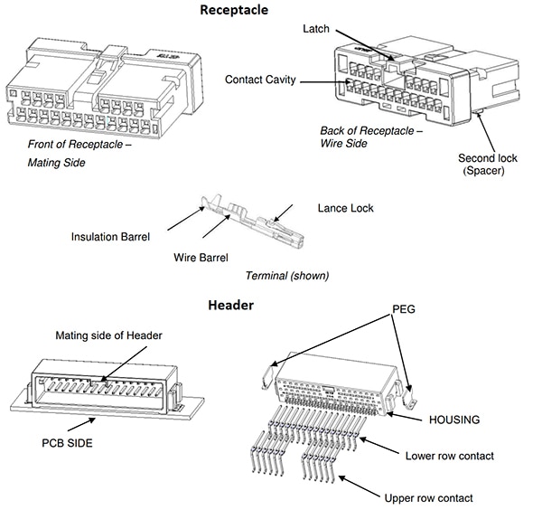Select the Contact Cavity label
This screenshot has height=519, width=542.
(260, 80)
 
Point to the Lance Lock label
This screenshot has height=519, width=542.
(345, 208)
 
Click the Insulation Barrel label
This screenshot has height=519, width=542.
(109, 237)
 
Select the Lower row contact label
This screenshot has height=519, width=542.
(449, 456)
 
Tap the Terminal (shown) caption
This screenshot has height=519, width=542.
(287, 275)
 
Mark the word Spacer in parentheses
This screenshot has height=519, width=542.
(489, 171)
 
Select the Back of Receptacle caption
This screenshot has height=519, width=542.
(371, 130)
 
